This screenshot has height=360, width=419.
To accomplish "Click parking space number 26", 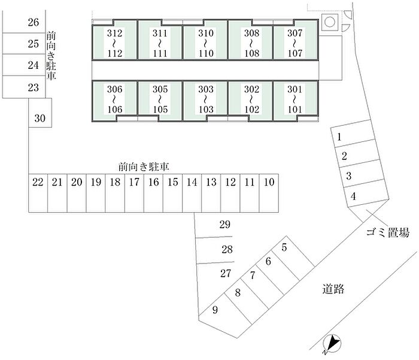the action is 24,22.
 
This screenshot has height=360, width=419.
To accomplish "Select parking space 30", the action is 40,113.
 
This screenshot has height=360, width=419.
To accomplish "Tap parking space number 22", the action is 38,193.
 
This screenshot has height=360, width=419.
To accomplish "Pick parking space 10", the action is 269,193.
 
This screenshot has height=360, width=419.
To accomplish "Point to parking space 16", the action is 153,193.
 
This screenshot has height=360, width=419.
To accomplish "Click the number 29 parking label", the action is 224,225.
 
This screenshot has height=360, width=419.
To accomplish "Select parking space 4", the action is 366,193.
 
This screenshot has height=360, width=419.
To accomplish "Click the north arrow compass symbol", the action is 332,343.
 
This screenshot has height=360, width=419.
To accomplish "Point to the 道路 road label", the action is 333,289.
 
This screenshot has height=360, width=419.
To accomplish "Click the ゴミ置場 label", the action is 387,232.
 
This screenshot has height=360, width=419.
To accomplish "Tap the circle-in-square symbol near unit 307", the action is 330,22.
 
